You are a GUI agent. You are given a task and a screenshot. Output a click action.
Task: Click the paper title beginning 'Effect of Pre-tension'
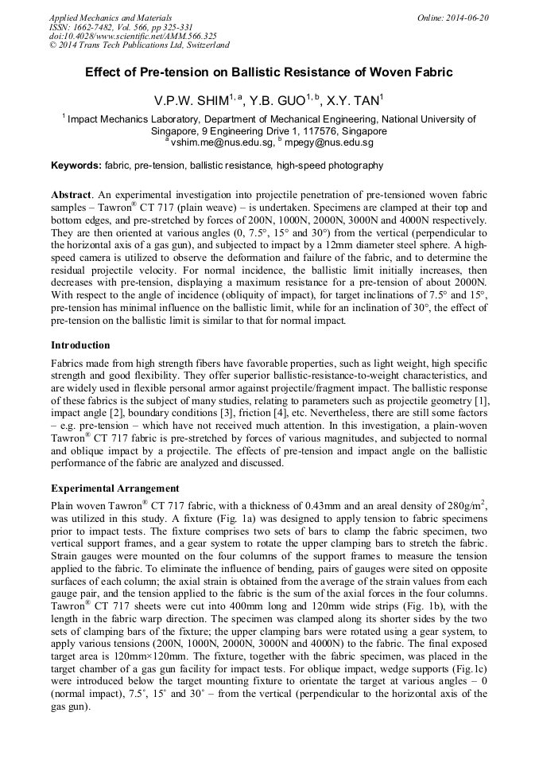[269, 72]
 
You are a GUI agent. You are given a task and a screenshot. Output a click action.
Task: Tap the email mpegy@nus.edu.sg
[328, 142]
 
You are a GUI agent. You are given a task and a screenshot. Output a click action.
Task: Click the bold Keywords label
[76, 165]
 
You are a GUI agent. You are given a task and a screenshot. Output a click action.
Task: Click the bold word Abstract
[72, 195]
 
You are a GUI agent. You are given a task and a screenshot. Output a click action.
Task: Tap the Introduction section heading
[80, 345]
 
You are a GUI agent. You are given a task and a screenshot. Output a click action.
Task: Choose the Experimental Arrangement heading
[114, 488]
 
